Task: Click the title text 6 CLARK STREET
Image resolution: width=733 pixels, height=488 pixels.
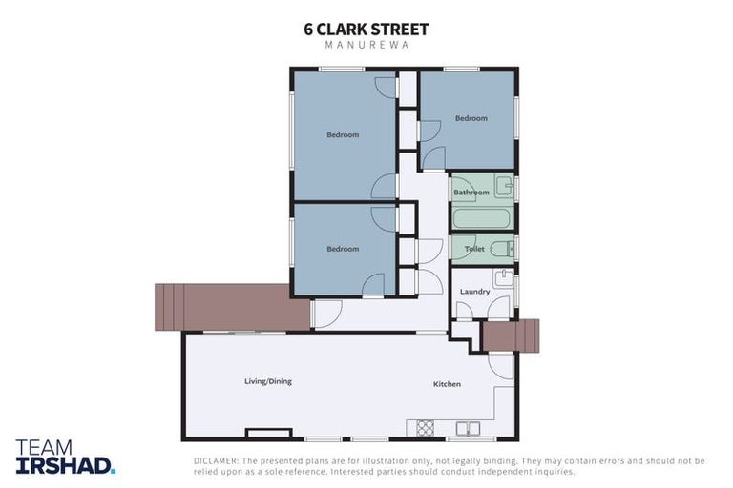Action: [x=366, y=29]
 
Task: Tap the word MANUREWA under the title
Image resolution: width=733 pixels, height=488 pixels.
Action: [x=366, y=46]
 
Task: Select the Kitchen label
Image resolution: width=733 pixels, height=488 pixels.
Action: [x=447, y=384]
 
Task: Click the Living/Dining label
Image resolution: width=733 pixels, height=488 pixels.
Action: [x=268, y=381]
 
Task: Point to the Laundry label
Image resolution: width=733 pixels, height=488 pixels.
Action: [x=474, y=292]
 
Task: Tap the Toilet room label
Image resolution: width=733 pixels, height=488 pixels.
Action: [x=474, y=249]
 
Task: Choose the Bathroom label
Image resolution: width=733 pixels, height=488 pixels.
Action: [x=471, y=193]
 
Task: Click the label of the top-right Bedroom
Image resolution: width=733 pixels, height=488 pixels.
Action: [x=471, y=118]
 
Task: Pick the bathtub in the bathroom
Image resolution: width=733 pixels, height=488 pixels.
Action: [x=482, y=218]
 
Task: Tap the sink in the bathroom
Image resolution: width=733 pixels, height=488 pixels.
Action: [x=504, y=185]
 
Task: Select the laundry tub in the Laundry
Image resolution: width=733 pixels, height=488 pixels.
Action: [x=504, y=279]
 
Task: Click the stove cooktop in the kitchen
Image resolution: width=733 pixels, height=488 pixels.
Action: [x=425, y=428]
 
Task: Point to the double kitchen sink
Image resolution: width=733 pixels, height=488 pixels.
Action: [x=467, y=428]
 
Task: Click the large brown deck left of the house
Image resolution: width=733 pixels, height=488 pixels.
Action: [x=232, y=307]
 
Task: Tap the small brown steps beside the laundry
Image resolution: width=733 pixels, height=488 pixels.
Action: [x=510, y=335]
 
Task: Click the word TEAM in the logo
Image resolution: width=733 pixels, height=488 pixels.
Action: [x=42, y=447]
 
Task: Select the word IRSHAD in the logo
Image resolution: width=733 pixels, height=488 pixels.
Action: [x=63, y=465]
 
